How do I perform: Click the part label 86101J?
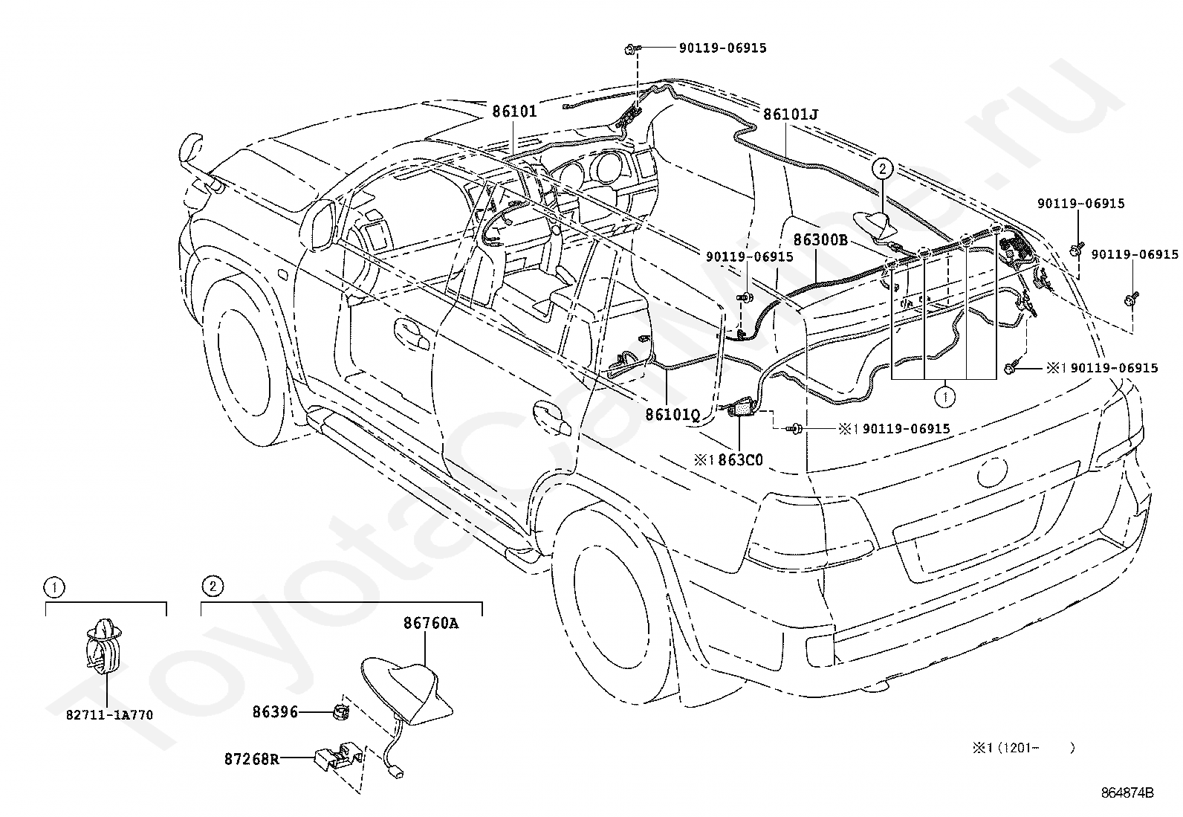tap(791, 114)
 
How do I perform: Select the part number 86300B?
tap(820, 240)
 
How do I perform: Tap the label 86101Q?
tap(672, 415)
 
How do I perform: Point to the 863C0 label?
tap(740, 460)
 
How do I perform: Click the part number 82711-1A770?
tap(109, 715)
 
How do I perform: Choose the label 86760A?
tap(431, 624)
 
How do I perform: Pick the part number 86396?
tap(275, 712)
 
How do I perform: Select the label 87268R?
tap(252, 760)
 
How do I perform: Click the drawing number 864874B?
tap(1127, 792)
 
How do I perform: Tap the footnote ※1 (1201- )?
tap(1023, 748)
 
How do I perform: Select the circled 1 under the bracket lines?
tap(944, 396)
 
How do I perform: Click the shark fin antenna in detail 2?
tap(407, 690)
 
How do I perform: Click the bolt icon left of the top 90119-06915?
tap(632, 50)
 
